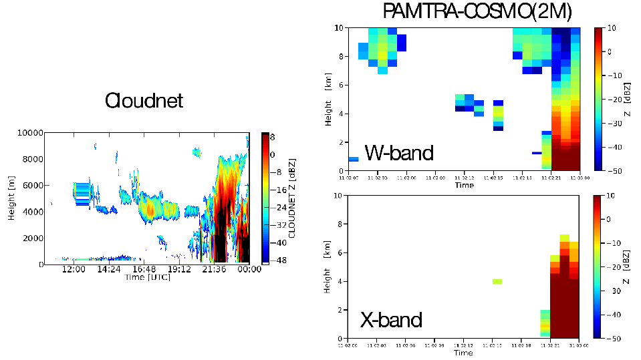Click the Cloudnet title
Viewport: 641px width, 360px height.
[x=144, y=101]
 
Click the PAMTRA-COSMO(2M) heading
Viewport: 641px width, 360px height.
[x=477, y=11]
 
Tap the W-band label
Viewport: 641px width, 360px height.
[x=399, y=153]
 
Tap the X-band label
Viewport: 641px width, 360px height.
[x=392, y=320]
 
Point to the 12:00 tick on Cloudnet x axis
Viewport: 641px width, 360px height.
[x=73, y=269]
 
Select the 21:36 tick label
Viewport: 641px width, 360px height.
[x=215, y=269]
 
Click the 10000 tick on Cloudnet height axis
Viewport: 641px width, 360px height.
[x=29, y=133]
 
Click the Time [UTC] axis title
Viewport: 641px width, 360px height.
[x=147, y=277]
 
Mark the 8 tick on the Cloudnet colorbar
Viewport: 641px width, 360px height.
[x=273, y=136]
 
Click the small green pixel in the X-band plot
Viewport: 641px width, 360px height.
[x=497, y=281]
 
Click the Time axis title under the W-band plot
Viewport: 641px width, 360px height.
[x=464, y=185]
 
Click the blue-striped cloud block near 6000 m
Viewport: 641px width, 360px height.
[x=82, y=193]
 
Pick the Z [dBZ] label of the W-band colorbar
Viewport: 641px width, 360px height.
[x=629, y=99]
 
